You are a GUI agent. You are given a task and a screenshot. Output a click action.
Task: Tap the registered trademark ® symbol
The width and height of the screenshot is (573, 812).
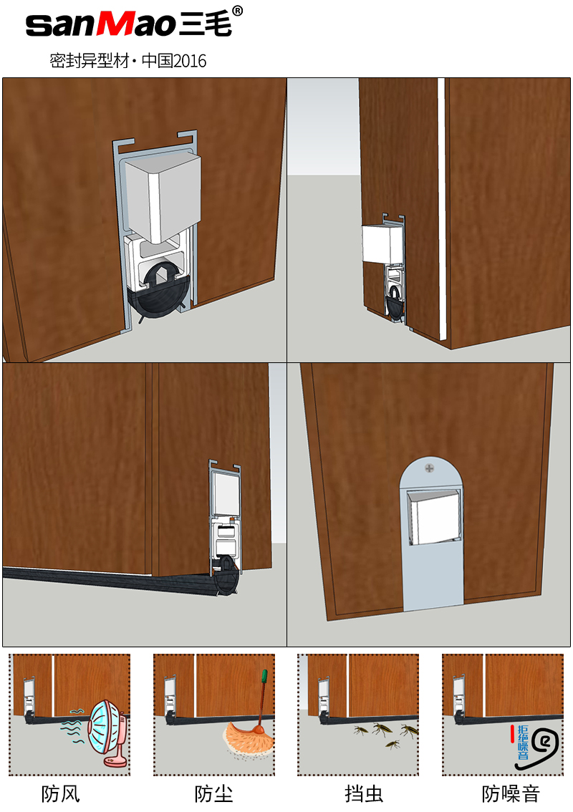pos(237,11)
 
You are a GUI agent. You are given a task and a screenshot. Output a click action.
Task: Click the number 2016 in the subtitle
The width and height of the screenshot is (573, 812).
pos(190,61)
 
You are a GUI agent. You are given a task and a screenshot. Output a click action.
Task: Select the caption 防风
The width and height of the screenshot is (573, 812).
pos(61,794)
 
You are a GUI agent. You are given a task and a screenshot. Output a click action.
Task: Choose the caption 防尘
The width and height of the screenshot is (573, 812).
pos(213,794)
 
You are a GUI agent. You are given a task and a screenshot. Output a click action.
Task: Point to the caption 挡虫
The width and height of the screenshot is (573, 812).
pos(364,794)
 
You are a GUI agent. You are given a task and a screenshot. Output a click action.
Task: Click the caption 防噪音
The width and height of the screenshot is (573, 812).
pos(511,794)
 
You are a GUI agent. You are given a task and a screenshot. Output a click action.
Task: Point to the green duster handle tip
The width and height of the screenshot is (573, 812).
pos(264,677)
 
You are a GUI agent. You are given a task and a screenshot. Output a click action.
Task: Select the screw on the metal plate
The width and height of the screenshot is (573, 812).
pos(430,468)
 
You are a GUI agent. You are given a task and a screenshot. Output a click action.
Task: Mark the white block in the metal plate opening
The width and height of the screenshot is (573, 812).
pos(433,518)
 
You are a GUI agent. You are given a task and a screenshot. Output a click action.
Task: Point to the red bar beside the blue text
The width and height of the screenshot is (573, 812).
pos(512,734)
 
